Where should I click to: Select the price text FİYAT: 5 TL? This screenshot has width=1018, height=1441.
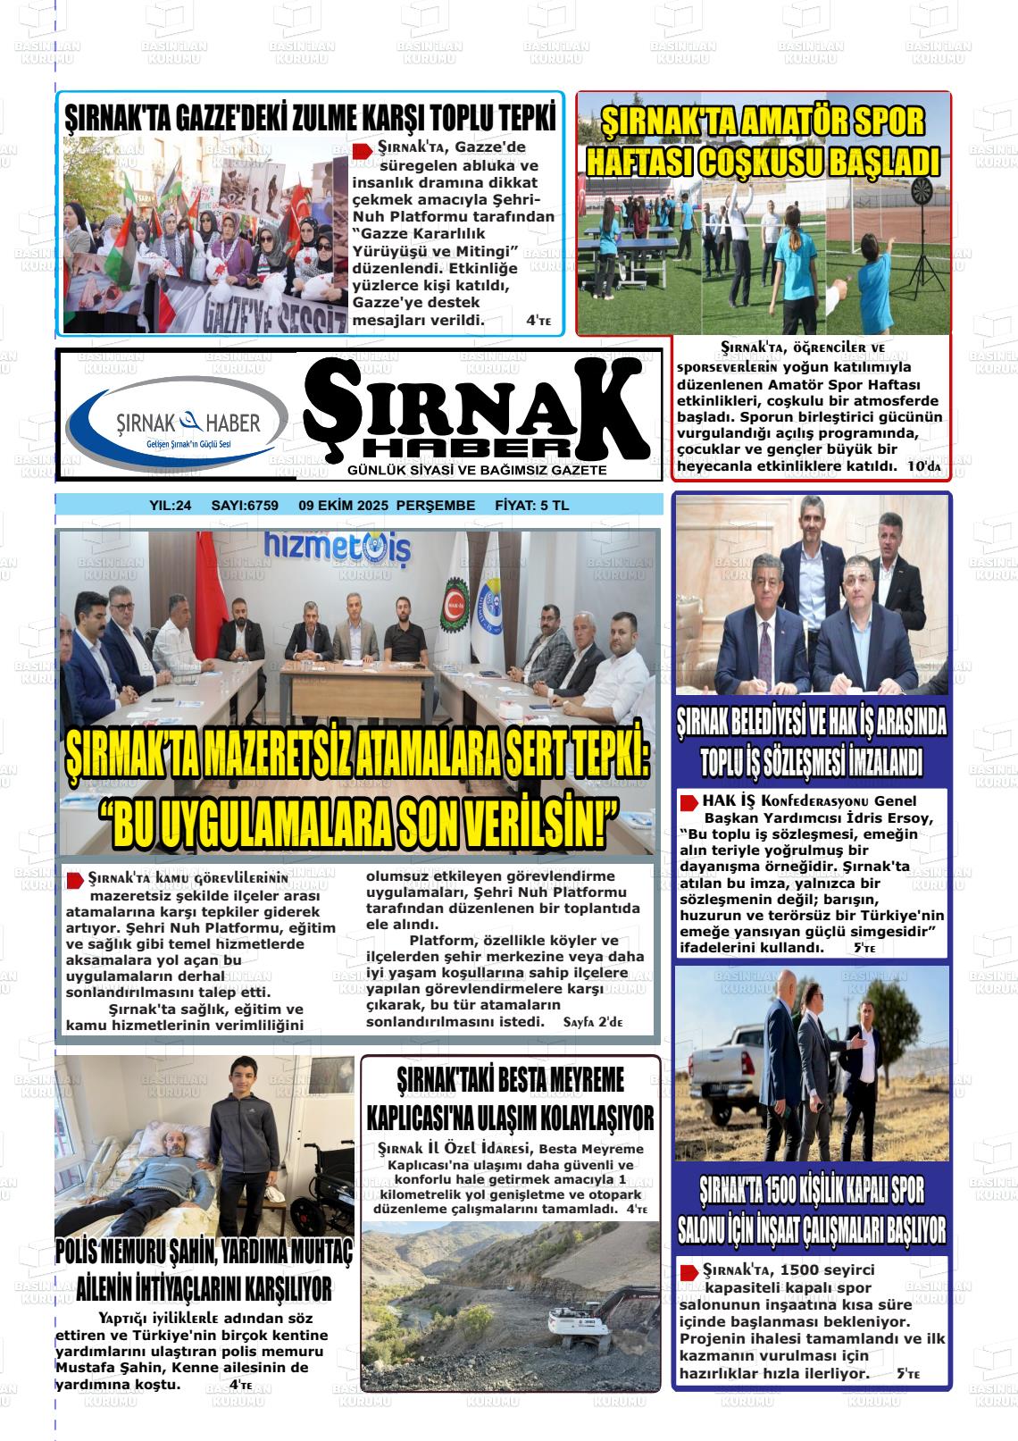531,506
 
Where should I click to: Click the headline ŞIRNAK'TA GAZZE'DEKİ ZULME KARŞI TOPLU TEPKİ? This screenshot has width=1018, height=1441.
310,119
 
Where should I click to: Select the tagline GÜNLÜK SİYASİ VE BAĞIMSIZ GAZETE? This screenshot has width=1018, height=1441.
477,470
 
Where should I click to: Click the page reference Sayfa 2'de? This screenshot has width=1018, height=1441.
593,1021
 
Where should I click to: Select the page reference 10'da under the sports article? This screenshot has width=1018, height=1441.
923,466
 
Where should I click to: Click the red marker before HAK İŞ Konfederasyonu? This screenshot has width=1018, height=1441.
688,802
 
